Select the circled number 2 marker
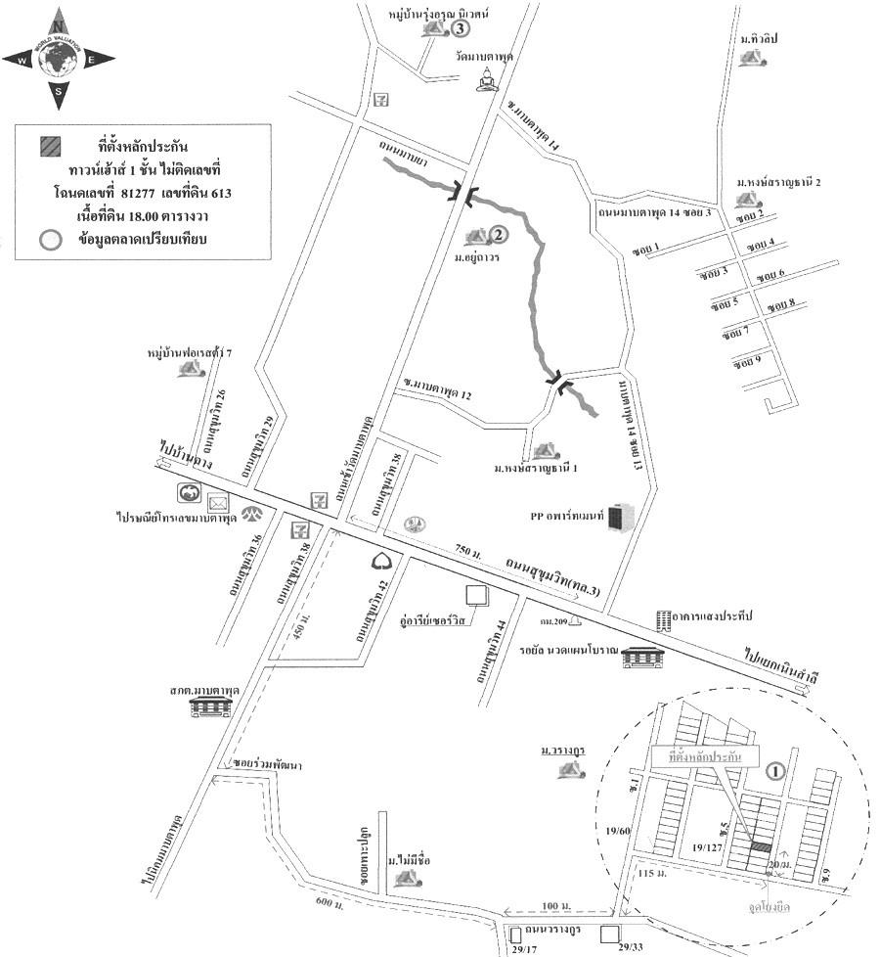pyautogui.click(x=498, y=235)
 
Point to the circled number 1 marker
pyautogui.click(x=774, y=770)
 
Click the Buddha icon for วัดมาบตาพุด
pyautogui.click(x=486, y=81)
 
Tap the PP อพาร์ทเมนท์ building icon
pyautogui.click(x=620, y=519)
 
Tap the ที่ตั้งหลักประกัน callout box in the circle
pyautogui.click(x=698, y=758)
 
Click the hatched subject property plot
pyautogui.click(x=761, y=846)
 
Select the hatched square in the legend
pyautogui.click(x=51, y=146)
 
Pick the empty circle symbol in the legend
pyautogui.click(x=48, y=238)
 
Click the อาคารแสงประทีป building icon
pyautogui.click(x=664, y=620)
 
